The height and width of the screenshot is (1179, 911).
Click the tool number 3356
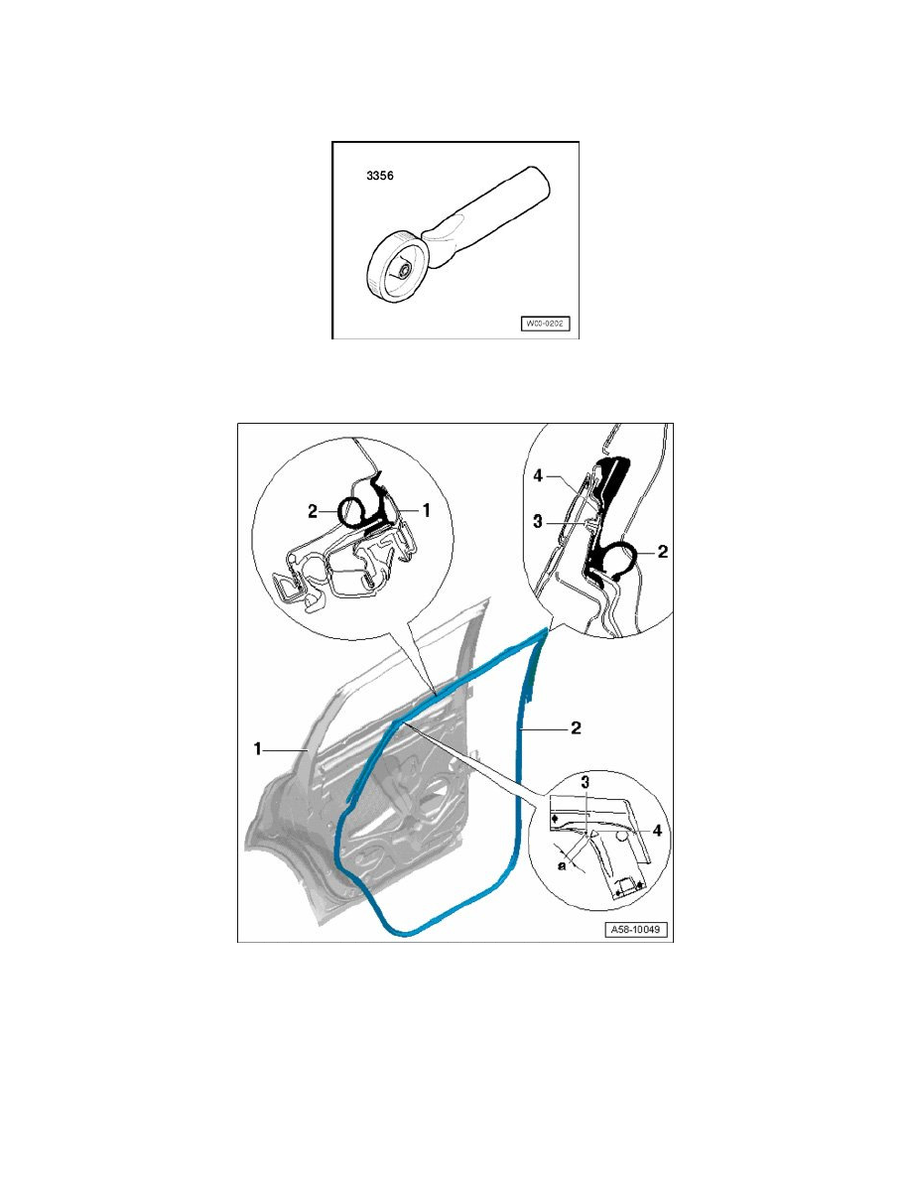(x=379, y=176)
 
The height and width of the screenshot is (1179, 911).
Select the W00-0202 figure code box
(x=546, y=324)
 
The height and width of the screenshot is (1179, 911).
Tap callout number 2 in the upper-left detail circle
(x=313, y=511)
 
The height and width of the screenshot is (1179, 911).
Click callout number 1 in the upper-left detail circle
(x=426, y=510)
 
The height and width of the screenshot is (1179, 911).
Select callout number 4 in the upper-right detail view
(x=538, y=476)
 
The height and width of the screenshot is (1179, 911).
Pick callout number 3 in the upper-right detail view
(x=538, y=521)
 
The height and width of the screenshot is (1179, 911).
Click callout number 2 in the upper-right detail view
(x=662, y=552)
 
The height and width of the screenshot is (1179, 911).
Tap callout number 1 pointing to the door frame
(x=258, y=749)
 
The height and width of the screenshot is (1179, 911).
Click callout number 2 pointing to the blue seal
(x=576, y=727)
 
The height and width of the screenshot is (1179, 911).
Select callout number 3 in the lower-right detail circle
(x=585, y=782)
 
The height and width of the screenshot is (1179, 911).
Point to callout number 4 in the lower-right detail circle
(x=657, y=831)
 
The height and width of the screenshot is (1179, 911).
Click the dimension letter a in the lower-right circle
(x=562, y=865)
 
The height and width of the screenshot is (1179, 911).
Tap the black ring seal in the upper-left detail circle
(x=352, y=512)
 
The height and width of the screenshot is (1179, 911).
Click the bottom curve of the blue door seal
(x=406, y=933)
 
